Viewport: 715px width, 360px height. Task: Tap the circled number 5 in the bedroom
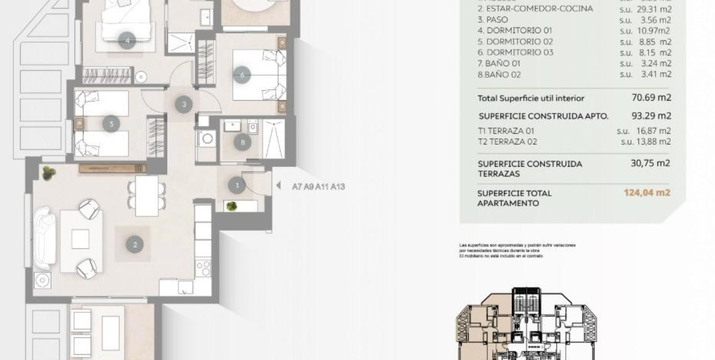111,124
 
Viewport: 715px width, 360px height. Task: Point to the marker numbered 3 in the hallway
184,104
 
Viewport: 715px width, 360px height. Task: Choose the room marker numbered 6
241,74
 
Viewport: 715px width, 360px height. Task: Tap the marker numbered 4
127,40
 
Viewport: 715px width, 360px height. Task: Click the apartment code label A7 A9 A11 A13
318,187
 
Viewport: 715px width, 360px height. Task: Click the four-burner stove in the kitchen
203,268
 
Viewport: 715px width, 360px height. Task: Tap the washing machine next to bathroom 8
208,138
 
